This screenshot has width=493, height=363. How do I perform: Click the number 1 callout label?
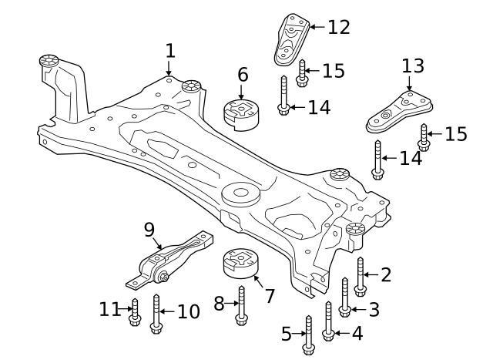[x=170, y=52]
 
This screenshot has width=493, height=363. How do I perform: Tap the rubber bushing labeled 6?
[x=241, y=114]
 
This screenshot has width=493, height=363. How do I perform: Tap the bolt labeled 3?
[x=345, y=297]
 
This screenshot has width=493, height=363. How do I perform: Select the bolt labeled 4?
[x=328, y=321]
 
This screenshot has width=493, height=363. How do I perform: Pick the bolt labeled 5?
[x=308, y=335]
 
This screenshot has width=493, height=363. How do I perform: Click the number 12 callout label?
[x=339, y=27]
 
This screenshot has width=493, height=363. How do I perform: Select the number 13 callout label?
[x=413, y=65]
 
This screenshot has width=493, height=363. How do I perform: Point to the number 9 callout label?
[x=149, y=229]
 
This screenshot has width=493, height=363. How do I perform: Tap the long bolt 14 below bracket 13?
[x=377, y=160]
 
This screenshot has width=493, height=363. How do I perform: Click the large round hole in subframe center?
[x=240, y=192]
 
